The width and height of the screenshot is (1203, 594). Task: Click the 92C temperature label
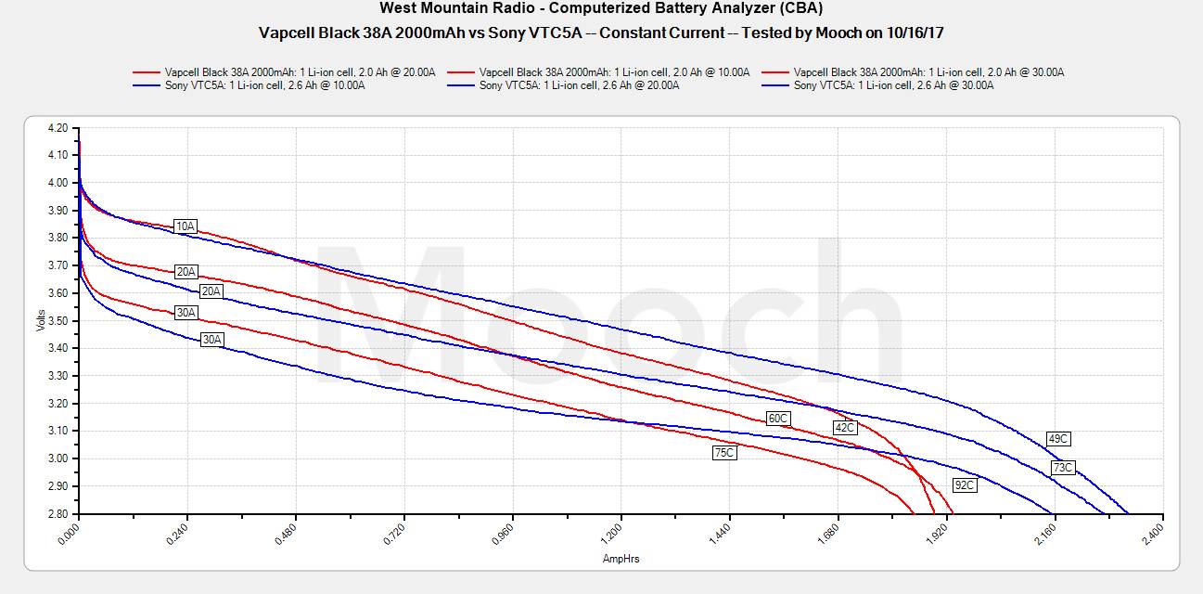tap(965, 484)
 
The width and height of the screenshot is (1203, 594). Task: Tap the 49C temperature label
tap(1058, 438)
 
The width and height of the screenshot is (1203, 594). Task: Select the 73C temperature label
tap(1063, 468)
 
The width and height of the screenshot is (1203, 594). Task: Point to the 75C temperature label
tap(724, 453)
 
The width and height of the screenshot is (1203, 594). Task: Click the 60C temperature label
tap(777, 419)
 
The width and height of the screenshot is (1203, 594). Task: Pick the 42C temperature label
tap(844, 428)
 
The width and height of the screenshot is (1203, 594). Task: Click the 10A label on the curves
tap(186, 226)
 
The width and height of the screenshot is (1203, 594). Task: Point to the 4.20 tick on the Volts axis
tap(58, 128)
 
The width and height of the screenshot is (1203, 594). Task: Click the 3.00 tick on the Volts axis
tap(58, 458)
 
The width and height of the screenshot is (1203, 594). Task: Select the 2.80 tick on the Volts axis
tap(58, 513)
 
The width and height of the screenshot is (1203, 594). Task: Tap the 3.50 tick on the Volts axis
tap(58, 321)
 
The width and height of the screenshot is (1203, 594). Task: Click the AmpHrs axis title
tap(621, 559)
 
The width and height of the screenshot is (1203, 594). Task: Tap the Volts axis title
tap(41, 320)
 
